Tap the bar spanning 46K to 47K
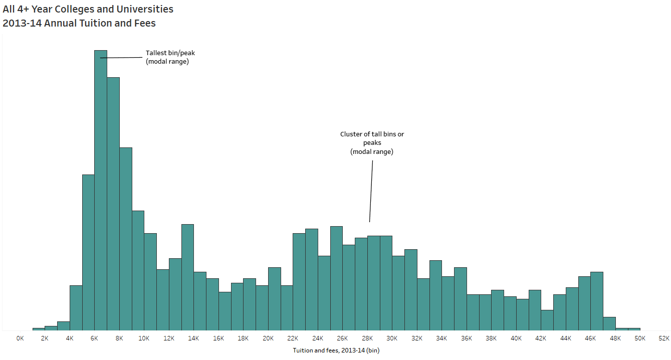pyautogui.click(x=597, y=301)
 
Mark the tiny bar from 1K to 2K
pyautogui.click(x=39, y=329)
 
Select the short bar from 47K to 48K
pyautogui.click(x=609, y=323)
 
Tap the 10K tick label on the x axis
pyautogui.click(x=144, y=338)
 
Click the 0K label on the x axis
pyautogui.click(x=20, y=338)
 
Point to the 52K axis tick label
pyautogui.click(x=664, y=338)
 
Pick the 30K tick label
pyautogui.click(x=392, y=338)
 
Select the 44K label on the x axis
pyautogui.click(x=566, y=338)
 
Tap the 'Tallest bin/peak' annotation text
pyautogui.click(x=170, y=53)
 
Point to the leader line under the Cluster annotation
pyautogui.click(x=371, y=191)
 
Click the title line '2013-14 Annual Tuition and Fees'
pyautogui.click(x=79, y=23)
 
